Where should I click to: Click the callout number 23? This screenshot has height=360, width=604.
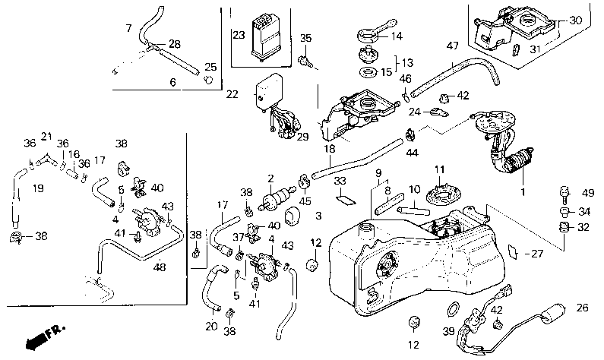tap(239, 35)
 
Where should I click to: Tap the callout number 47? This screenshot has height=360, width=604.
tap(452, 47)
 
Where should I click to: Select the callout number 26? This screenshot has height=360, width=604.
tap(583, 308)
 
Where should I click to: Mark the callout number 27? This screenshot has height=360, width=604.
tap(538, 254)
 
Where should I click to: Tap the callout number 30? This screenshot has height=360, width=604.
tap(576, 21)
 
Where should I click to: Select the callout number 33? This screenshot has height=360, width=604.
tap(340, 181)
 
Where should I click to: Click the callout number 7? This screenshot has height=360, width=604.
tap(128, 28)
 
